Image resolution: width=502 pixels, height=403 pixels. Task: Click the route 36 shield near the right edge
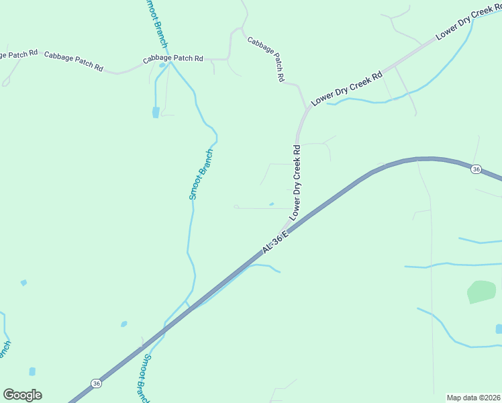pos(476,169)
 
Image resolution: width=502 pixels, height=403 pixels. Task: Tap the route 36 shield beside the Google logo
pos(97,384)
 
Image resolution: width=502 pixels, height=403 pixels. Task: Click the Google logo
pos(22,395)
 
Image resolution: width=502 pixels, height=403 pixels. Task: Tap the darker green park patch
pos(481,292)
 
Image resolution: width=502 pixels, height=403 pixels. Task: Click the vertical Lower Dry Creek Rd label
pos(296,181)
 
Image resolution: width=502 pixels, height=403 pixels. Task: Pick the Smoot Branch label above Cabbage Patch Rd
pos(156,24)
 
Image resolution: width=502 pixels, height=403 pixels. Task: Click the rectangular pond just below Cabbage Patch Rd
pos(156,112)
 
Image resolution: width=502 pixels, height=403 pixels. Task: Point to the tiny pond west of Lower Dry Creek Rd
pos(271,204)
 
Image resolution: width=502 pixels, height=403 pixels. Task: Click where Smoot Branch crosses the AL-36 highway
pos(189,306)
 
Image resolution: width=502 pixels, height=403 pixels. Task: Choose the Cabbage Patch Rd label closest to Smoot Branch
pos(172,59)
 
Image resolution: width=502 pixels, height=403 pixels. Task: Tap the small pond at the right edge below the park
pos(499,328)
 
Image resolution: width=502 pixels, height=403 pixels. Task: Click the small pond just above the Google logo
pos(32,371)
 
